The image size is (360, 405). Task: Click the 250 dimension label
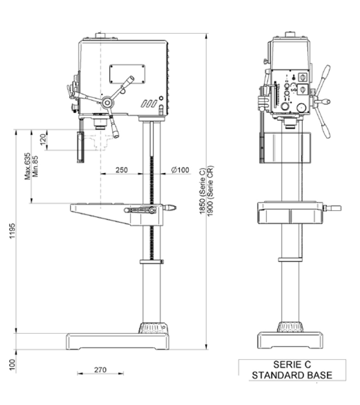[x=121, y=170]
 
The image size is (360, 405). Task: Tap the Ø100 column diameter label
[x=180, y=170]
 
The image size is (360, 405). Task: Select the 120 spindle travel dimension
[x=43, y=139]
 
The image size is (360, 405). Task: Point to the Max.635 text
[x=27, y=167]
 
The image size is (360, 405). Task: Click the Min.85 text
[x=36, y=167]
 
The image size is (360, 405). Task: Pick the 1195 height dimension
[x=12, y=231]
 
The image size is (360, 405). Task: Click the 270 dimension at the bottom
[x=100, y=370]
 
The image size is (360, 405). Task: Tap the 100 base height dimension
[x=12, y=365]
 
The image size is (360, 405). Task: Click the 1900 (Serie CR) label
[x=210, y=191]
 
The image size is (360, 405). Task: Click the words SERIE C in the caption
[x=292, y=365]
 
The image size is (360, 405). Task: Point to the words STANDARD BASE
[x=292, y=375]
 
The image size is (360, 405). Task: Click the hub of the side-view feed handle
[x=107, y=102]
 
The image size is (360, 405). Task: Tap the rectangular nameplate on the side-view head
[x=127, y=74]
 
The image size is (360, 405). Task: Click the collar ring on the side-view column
[x=151, y=262]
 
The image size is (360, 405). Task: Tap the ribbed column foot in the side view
[x=290, y=327]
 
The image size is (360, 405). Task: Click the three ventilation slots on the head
[x=149, y=104]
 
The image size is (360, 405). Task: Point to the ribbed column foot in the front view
[x=154, y=328]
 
